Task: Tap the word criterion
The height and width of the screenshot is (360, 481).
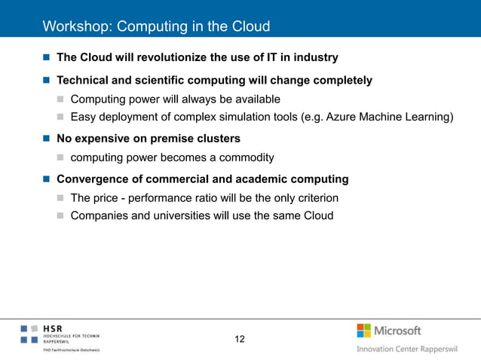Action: (x=314, y=198)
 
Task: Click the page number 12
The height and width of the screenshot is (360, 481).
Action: (x=240, y=340)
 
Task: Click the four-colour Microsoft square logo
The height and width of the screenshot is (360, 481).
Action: (x=363, y=331)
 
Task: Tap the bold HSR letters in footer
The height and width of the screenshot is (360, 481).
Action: (x=53, y=328)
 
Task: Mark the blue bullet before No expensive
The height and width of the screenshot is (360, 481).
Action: (x=47, y=139)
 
